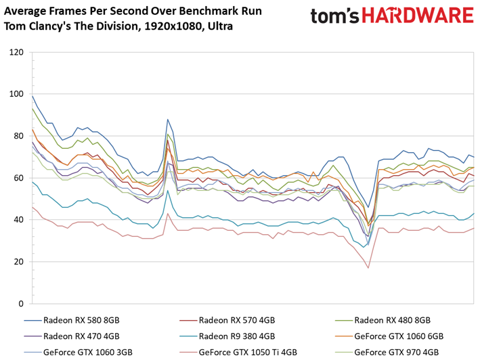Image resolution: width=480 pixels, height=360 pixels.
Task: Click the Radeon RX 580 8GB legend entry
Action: [72, 320]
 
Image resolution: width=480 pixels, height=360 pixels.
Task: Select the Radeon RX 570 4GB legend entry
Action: [227, 320]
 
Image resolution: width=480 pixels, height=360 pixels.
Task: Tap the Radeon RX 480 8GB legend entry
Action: [383, 320]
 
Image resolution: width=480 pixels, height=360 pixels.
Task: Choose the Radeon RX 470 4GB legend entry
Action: [72, 336]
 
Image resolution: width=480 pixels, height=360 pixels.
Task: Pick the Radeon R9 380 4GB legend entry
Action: [227, 336]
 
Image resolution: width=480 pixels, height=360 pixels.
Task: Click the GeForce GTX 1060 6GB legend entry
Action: [389, 336]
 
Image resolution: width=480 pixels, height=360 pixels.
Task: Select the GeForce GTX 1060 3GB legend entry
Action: [79, 352]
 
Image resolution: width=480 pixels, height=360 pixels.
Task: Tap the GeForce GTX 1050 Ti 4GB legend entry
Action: [238, 352]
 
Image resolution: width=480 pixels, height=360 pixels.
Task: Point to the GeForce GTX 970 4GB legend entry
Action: [387, 352]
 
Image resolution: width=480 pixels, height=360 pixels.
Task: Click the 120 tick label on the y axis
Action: [16, 52]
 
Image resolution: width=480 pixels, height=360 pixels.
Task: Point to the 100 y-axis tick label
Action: [16, 94]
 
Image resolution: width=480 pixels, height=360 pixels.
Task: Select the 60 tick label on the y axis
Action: [19, 178]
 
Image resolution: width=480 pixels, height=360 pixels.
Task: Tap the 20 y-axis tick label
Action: [19, 262]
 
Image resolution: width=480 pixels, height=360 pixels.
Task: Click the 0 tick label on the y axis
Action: [21, 304]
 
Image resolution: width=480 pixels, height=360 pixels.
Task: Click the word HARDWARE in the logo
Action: [418, 16]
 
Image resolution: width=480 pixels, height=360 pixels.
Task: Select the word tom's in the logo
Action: [335, 16]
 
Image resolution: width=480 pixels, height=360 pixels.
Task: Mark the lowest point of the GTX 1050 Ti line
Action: [368, 268]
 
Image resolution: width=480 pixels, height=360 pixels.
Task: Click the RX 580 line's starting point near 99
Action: [32, 96]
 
